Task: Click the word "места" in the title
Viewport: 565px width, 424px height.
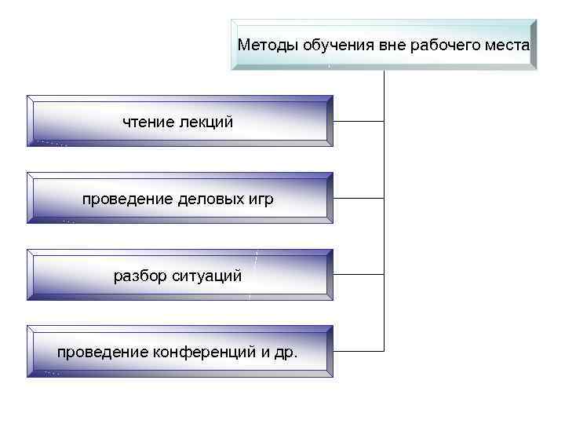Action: [508, 45]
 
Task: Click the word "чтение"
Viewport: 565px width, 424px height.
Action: [148, 122]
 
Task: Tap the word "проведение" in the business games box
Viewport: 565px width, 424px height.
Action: [126, 199]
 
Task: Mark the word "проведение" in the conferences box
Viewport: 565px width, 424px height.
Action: [100, 353]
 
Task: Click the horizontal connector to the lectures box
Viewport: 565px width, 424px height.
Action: [359, 122]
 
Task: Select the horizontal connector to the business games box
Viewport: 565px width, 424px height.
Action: [359, 198]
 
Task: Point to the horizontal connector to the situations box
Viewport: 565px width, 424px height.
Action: [359, 275]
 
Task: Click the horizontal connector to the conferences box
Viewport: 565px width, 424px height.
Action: [359, 349]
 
